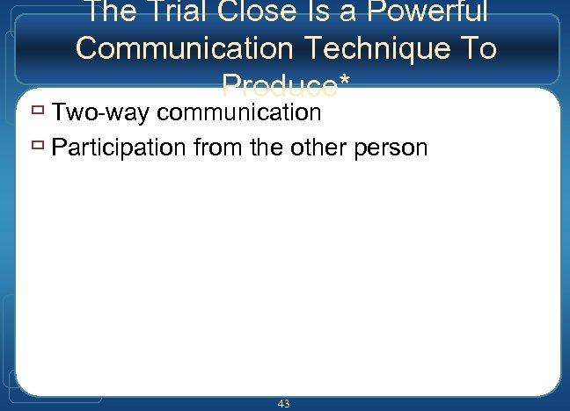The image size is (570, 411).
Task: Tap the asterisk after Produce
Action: pos(343,81)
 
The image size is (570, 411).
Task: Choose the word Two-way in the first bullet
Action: pos(101,113)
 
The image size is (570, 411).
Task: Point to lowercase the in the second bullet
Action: pos(267,148)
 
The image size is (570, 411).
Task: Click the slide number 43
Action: pos(283,403)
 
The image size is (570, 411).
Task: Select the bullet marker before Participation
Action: pos(36,147)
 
